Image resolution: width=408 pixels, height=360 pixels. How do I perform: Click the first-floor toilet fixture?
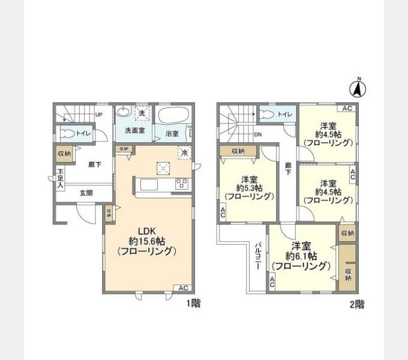(x=68, y=134)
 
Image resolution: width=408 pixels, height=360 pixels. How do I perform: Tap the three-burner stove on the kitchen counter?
(x=181, y=184)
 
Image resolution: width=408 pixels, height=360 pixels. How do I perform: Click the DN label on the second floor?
(x=257, y=135)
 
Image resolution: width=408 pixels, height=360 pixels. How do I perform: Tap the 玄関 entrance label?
(x=86, y=193)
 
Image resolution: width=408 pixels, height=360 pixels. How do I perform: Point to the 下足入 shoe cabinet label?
(x=60, y=178)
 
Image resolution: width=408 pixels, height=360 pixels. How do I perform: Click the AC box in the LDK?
(x=183, y=288)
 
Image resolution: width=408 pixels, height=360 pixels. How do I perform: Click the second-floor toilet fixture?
(x=268, y=114)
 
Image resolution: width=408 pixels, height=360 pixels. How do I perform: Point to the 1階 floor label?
(x=193, y=304)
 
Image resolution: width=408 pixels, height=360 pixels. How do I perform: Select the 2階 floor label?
(x=356, y=304)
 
